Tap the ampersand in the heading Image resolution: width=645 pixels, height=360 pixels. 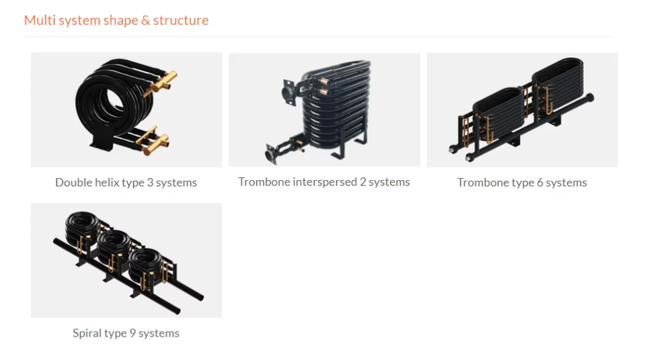point(145,20)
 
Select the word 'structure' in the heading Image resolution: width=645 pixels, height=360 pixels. point(181,20)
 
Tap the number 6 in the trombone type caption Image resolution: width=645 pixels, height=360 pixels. point(540,183)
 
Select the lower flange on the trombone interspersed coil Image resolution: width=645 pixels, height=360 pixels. point(271,154)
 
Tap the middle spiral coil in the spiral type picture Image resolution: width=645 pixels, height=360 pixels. point(114,245)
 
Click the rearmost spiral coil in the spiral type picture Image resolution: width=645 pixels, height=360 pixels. point(82,225)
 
